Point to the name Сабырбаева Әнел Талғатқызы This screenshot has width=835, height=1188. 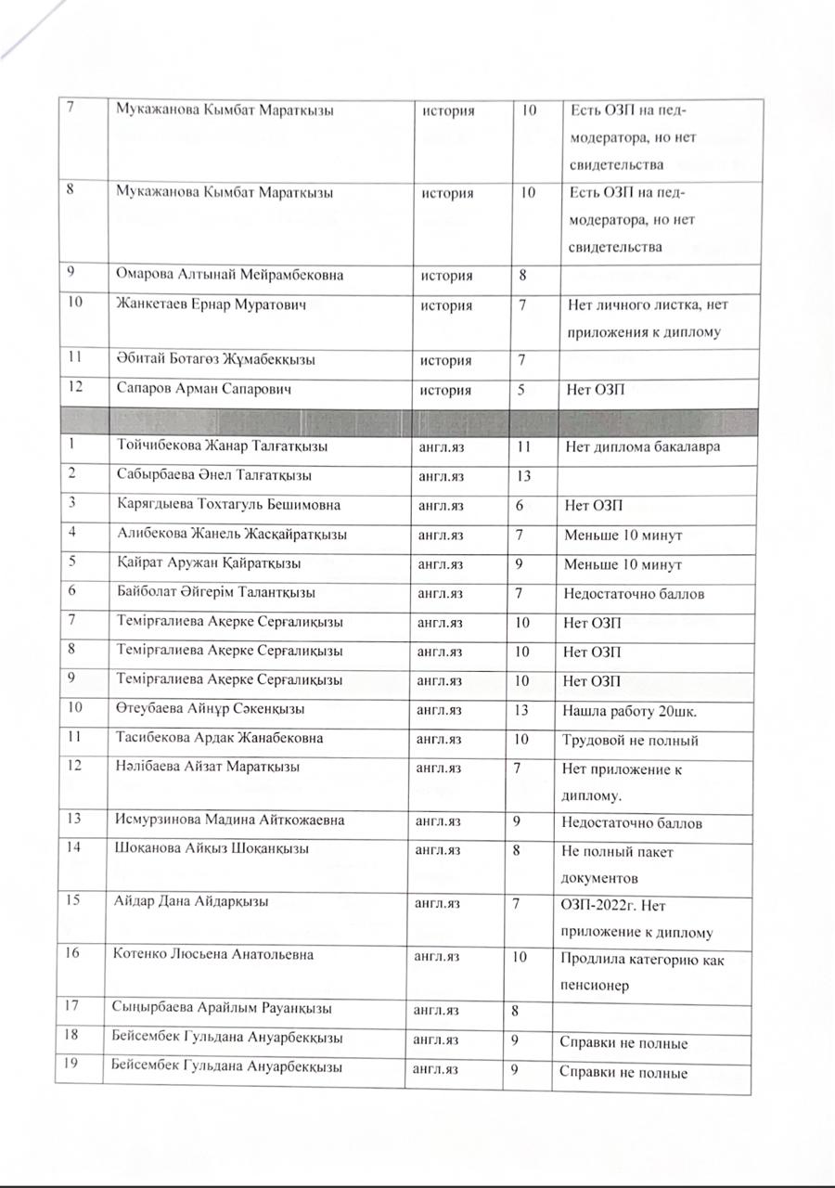coord(213,476)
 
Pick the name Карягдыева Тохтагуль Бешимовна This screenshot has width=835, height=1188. coord(228,505)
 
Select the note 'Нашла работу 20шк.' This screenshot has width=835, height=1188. coord(631,710)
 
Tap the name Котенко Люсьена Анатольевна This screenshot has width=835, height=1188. coord(214,954)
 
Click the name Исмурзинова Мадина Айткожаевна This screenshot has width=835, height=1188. coord(229,821)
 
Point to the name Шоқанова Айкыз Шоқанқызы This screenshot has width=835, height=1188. coord(212,848)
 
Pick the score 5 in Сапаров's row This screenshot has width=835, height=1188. coord(523,391)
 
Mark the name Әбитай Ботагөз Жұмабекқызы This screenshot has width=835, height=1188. coord(216,360)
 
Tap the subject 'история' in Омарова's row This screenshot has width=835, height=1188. coord(447,276)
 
